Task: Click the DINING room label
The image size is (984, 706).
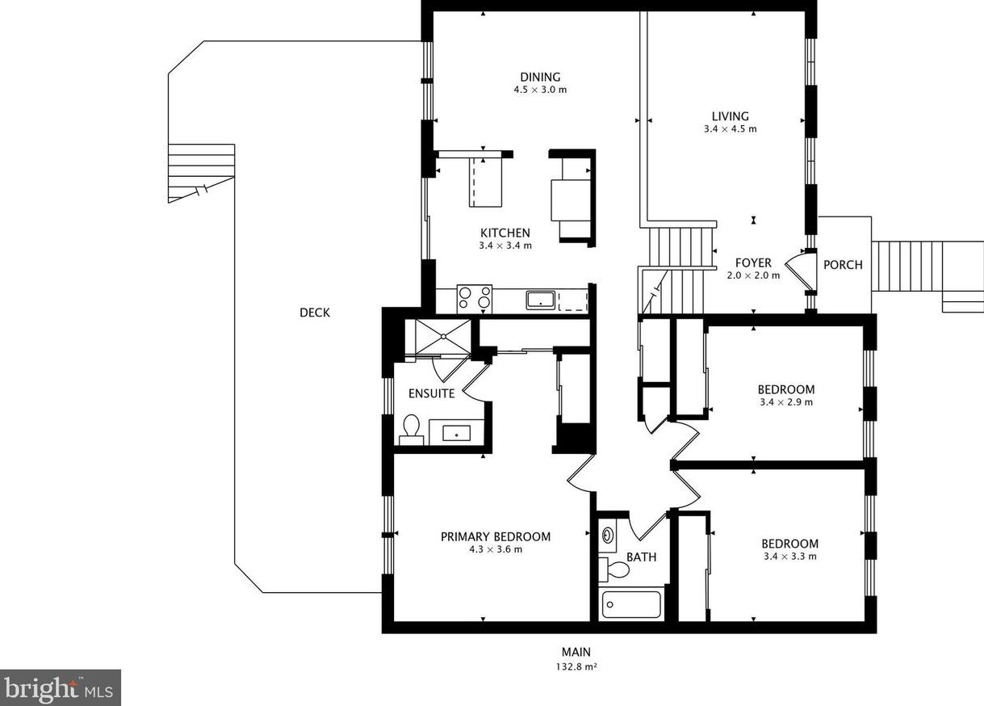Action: coord(540,77)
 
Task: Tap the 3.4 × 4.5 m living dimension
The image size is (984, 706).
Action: coord(730,129)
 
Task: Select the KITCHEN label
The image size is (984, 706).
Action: coord(505,233)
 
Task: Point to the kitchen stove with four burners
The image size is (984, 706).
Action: coord(475,299)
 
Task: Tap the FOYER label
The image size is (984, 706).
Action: coord(753,263)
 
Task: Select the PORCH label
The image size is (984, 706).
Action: coord(843,265)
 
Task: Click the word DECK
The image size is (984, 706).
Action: coord(315,313)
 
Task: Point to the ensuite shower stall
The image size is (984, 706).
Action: coord(443,337)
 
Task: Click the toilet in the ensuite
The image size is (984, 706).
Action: coord(412,429)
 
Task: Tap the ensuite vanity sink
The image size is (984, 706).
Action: coord(456,433)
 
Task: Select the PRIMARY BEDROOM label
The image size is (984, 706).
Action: coord(496,536)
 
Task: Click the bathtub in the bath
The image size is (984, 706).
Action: coord(631,604)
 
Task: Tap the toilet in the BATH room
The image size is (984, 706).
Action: coord(614,569)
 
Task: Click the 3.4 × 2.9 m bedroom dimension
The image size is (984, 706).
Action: coord(786,402)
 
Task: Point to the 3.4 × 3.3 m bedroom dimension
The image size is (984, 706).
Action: coord(789,557)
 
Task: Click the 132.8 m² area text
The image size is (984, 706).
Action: coord(576,667)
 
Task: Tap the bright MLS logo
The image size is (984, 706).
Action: coord(61,688)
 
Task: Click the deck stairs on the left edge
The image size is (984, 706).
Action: coord(201,173)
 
